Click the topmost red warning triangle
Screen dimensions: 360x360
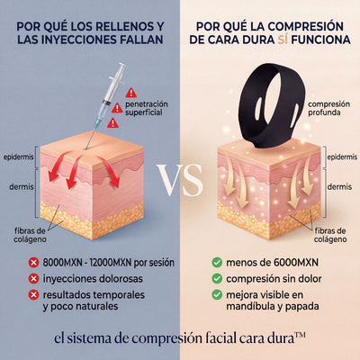[130, 93]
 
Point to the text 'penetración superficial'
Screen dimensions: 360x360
[147, 108]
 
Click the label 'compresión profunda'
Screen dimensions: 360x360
[328, 108]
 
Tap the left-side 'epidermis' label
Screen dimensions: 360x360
[19, 157]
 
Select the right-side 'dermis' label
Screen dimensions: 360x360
[339, 187]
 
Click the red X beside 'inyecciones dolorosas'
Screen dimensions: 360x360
[33, 279]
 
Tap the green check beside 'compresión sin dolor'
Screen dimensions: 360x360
[217, 279]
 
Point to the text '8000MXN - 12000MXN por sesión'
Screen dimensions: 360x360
[108, 263]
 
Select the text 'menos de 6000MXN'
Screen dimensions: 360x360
[272, 263]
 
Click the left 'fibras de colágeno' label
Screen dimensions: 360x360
[30, 235]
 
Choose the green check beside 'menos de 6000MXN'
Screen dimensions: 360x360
[217, 263]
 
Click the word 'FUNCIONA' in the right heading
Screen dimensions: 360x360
[320, 40]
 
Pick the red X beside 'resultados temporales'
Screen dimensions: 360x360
[33, 295]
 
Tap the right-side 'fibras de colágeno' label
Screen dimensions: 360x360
[330, 235]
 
